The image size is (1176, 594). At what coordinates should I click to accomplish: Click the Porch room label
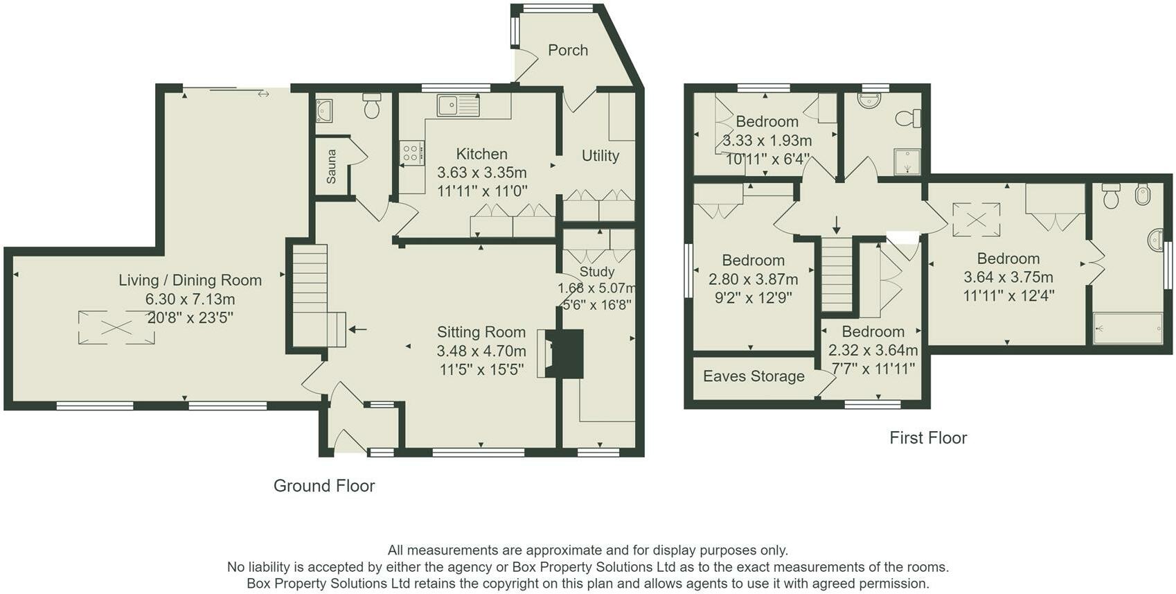click(567, 51)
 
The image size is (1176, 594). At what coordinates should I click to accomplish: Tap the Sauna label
click(331, 167)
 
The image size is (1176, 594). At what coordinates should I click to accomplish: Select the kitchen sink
click(458, 105)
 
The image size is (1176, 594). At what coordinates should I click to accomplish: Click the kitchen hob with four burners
click(411, 153)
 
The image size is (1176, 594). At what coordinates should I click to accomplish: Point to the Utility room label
click(600, 155)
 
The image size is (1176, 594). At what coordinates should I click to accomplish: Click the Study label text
click(597, 272)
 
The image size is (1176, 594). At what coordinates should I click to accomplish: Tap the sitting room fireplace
click(560, 353)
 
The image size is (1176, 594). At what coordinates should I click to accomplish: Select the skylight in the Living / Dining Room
click(116, 328)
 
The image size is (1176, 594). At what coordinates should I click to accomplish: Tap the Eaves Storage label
click(754, 376)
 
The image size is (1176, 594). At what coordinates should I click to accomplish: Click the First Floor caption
click(927, 438)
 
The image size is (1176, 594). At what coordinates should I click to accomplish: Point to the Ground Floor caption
click(324, 486)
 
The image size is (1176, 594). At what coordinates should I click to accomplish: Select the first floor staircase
click(837, 274)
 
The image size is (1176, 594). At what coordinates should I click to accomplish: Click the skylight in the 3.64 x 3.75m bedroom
click(977, 220)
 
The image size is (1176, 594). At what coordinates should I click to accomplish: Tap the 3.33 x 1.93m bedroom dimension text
click(767, 141)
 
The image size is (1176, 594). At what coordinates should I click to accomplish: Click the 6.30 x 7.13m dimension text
click(190, 299)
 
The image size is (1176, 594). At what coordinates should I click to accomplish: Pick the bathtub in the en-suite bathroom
click(1128, 329)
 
